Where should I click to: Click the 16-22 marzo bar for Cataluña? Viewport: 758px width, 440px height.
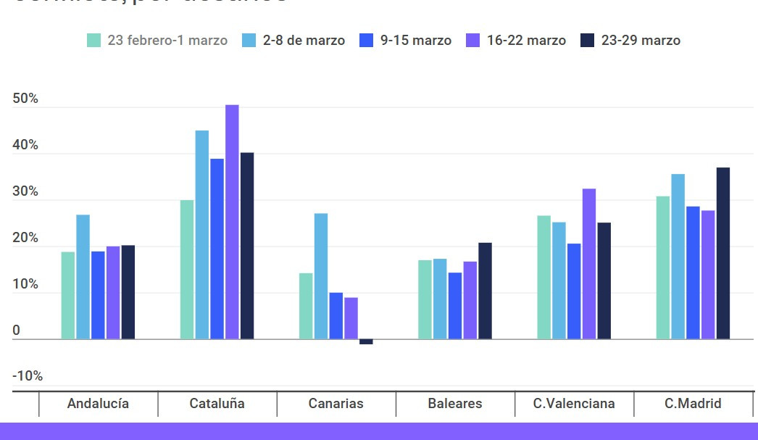point(232,222)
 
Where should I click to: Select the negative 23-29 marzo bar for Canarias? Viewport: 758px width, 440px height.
point(366,341)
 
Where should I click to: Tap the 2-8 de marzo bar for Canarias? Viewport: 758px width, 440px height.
point(321,276)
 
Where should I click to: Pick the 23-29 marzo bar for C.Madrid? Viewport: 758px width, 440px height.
point(723,253)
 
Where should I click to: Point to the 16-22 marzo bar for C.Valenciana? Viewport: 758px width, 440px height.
point(589,264)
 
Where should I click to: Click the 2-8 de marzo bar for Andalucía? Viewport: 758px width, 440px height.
point(83,277)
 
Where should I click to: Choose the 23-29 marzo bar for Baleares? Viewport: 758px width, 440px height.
point(485,291)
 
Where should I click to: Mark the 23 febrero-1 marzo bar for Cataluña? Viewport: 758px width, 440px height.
point(187,270)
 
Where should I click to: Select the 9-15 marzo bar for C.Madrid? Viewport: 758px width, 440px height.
point(694,273)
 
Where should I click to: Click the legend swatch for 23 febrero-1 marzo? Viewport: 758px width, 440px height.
point(94,41)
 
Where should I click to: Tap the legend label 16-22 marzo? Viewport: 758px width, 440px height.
point(526,41)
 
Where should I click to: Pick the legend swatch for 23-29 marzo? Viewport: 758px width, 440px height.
point(588,41)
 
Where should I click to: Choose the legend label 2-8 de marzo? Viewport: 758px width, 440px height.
point(304,41)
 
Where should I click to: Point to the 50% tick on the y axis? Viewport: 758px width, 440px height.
point(25,99)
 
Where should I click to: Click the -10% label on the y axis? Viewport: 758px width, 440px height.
point(28,376)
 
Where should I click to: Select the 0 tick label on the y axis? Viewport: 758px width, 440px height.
point(16,331)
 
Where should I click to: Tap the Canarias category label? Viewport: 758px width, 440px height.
point(336,404)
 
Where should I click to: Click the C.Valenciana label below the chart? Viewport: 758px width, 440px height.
point(574,404)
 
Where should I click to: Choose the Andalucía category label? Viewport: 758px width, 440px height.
point(98,404)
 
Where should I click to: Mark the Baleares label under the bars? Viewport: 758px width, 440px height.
point(455,404)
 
